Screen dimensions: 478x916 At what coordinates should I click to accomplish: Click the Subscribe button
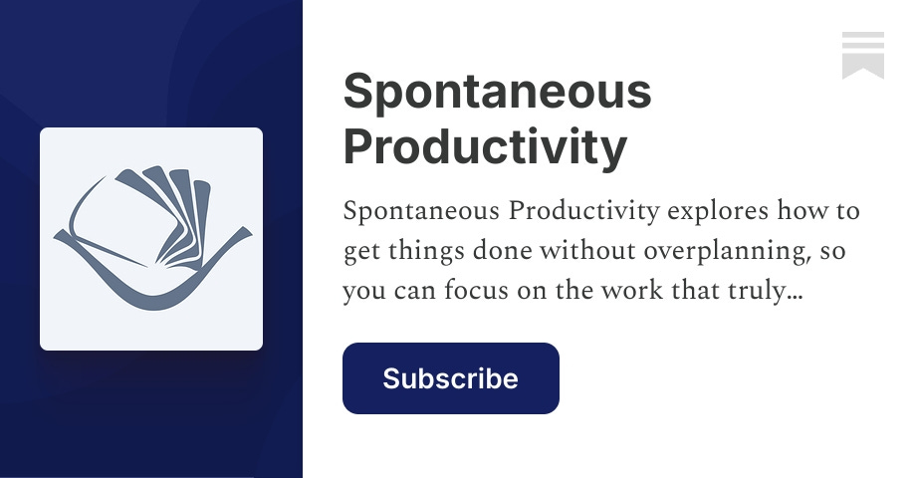[x=450, y=378]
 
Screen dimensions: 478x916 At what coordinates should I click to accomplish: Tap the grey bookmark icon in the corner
[x=862, y=55]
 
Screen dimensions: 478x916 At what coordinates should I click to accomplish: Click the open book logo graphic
[x=151, y=238]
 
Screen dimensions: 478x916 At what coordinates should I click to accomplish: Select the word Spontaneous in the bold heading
[x=497, y=94]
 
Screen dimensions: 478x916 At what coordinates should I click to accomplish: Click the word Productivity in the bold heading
[x=485, y=146]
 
